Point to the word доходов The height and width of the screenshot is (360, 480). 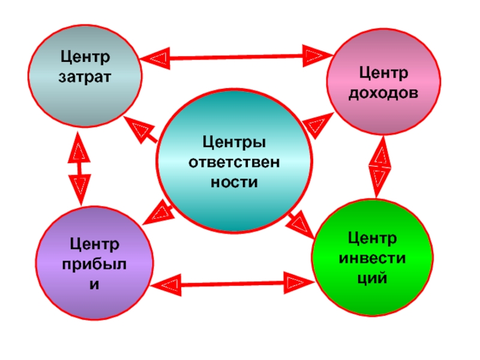coord(384,93)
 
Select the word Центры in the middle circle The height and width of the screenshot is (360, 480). coord(234,142)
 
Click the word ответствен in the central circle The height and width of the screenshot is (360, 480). coord(234,162)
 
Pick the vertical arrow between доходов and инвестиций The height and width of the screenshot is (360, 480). coord(380,166)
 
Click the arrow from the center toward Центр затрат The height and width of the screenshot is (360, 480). coord(142,130)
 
